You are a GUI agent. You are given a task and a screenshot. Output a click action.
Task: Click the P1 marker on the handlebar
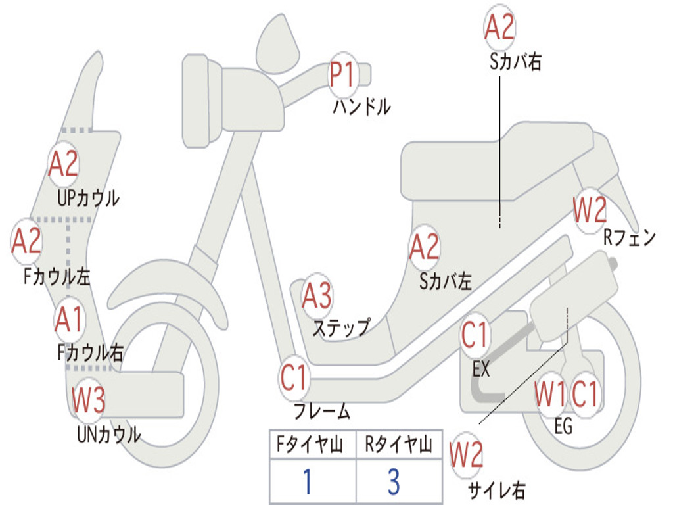(x=343, y=75)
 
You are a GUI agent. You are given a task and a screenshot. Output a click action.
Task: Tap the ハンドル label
(x=362, y=107)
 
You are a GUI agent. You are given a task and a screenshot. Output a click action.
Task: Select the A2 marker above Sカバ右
(x=499, y=26)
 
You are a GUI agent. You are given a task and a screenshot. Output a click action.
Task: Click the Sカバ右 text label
(x=515, y=61)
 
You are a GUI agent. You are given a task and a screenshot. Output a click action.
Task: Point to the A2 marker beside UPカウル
(x=63, y=164)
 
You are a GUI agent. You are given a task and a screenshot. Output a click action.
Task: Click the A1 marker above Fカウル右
(x=68, y=320)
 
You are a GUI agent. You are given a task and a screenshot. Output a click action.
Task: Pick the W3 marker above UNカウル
(x=88, y=399)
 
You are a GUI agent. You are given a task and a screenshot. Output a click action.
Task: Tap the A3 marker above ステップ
(x=317, y=296)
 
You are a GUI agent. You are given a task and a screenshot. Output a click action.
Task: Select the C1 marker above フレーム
(x=294, y=378)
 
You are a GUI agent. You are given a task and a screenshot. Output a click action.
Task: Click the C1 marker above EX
(x=475, y=335)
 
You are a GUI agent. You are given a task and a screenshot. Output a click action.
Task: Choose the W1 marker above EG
(x=550, y=393)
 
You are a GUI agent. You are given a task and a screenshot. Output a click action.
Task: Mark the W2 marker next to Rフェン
(x=590, y=210)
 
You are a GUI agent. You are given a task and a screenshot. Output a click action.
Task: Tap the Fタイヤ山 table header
(x=310, y=445)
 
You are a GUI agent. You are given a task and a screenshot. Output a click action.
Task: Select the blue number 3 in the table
(x=394, y=481)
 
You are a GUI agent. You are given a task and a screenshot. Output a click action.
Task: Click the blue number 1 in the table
(x=308, y=481)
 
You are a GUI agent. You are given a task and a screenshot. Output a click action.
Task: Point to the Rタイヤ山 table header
(x=398, y=445)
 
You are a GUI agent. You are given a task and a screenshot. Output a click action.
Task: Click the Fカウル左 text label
(x=57, y=277)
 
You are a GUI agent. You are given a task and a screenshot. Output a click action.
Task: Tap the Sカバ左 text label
(x=446, y=281)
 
